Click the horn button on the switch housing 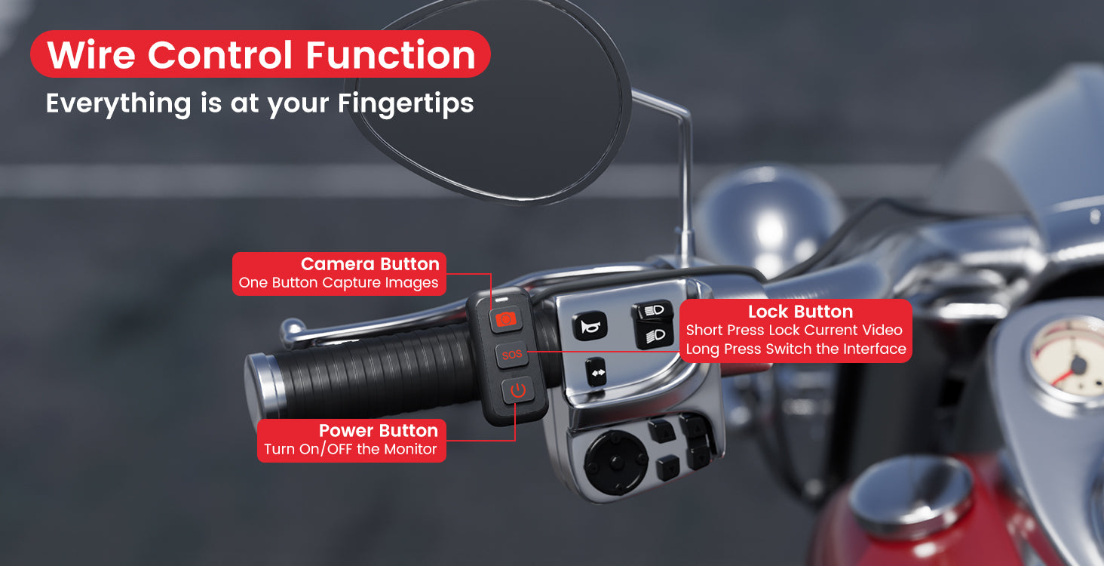click(590, 326)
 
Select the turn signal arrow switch click(596, 371)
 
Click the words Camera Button click(370, 264)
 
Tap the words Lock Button click(800, 312)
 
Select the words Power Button click(378, 430)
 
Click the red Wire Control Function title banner click(261, 55)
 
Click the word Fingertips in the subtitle click(406, 103)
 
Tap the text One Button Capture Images click(339, 283)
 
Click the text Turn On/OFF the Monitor click(350, 449)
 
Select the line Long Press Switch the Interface click(796, 349)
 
